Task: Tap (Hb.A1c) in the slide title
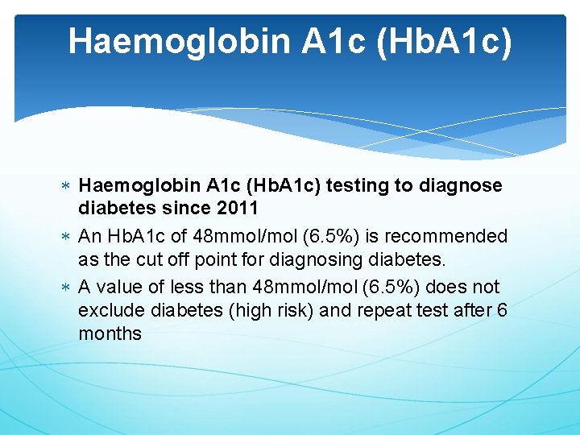443,42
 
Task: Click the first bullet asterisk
64,187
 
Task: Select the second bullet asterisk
64,238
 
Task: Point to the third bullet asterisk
64,288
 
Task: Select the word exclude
111,310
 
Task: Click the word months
110,333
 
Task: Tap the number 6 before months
502,310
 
